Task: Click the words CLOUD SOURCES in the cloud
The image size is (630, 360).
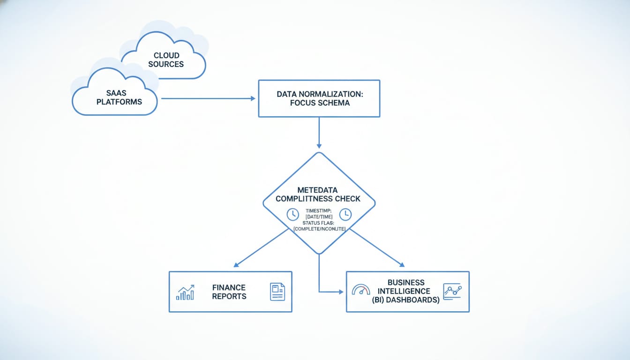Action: (x=166, y=60)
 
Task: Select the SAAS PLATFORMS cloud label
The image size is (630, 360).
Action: (x=119, y=97)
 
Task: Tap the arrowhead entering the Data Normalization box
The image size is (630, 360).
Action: (x=253, y=98)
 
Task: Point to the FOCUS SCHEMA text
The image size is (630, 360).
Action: (x=319, y=103)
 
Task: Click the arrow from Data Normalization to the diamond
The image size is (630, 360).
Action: (x=319, y=133)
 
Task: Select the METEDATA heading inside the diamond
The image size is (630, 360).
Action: (x=317, y=190)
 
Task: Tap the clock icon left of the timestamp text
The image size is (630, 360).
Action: (x=292, y=214)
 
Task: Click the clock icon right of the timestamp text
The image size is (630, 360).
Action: (x=345, y=214)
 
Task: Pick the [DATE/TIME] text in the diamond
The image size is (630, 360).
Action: (x=319, y=217)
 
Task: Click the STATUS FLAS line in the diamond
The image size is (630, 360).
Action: (x=319, y=223)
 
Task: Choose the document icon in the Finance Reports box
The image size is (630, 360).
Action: (x=277, y=292)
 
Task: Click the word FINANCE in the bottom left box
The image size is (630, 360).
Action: (x=229, y=287)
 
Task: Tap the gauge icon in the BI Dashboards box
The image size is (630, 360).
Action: (x=360, y=290)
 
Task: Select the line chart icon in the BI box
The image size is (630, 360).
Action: (x=452, y=291)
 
